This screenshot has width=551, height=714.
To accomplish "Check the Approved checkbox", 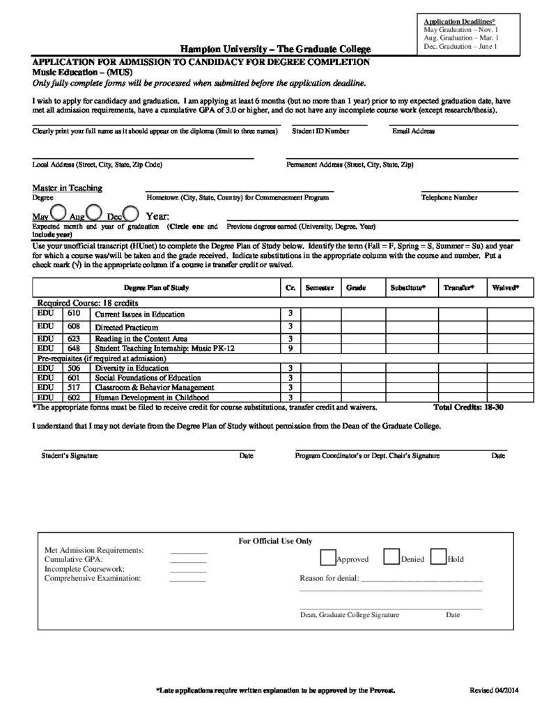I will (x=327, y=557).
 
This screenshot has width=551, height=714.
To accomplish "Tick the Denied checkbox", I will (x=391, y=557).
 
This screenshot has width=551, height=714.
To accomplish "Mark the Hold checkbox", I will (x=438, y=557).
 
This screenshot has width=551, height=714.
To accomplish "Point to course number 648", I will (x=74, y=348).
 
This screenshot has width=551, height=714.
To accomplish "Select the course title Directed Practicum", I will (x=127, y=326).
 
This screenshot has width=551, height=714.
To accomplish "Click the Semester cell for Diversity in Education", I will (x=320, y=367).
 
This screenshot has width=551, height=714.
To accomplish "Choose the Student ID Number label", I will (x=320, y=131).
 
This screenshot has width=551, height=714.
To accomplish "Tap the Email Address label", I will (x=413, y=131).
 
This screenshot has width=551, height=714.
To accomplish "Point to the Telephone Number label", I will (x=449, y=197).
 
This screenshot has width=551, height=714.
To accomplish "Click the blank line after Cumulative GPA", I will (x=188, y=560).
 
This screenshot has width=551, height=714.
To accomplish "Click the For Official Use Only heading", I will (x=275, y=541).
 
